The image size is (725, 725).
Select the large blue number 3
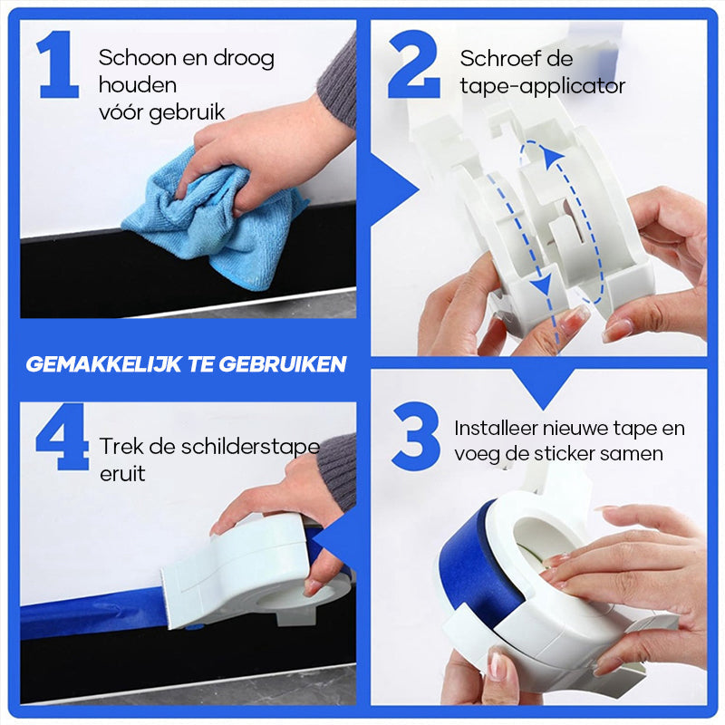416,437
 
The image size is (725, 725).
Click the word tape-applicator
542,87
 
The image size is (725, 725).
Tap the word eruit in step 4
122,474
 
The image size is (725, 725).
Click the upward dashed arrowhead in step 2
555,158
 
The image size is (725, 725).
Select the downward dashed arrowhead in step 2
542,288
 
